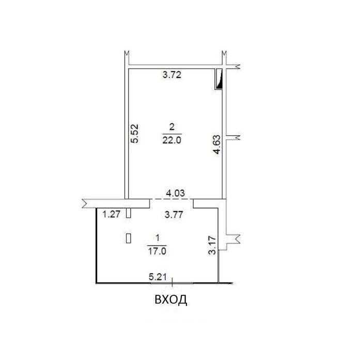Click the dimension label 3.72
172,75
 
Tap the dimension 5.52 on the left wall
134,133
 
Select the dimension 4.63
217,144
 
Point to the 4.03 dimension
176,193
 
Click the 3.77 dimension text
174,215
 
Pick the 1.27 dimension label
112,214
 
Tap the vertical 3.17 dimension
212,245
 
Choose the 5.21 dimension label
158,277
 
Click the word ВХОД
171,299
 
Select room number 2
172,127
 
